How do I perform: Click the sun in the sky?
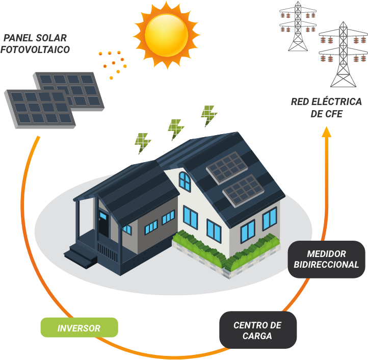[166, 34]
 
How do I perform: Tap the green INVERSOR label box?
[79, 328]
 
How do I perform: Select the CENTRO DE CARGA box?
[257, 330]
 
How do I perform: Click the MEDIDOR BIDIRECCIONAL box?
[326, 259]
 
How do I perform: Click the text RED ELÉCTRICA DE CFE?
[326, 108]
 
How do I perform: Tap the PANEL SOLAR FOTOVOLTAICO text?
[35, 44]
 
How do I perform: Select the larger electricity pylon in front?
[343, 56]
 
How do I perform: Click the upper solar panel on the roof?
[227, 167]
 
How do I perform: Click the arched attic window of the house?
[185, 181]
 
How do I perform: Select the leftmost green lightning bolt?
[143, 143]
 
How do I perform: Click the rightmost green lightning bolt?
[208, 116]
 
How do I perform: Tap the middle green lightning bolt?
[175, 130]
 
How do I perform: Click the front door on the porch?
[103, 225]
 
